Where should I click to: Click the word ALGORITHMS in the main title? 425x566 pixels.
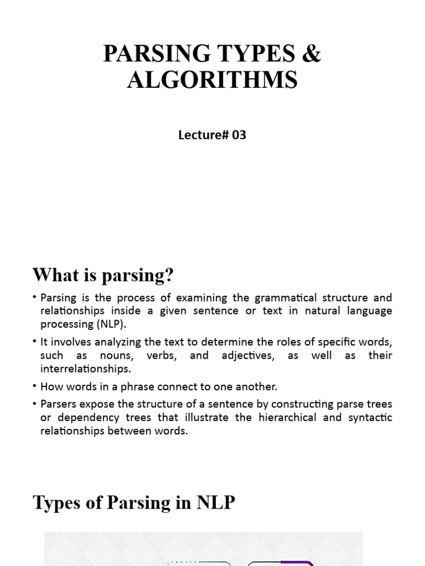tap(212, 80)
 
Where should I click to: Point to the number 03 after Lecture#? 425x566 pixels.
tap(239, 134)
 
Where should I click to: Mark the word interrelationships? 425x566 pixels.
tap(85, 369)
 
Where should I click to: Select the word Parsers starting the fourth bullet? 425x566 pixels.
tap(59, 404)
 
